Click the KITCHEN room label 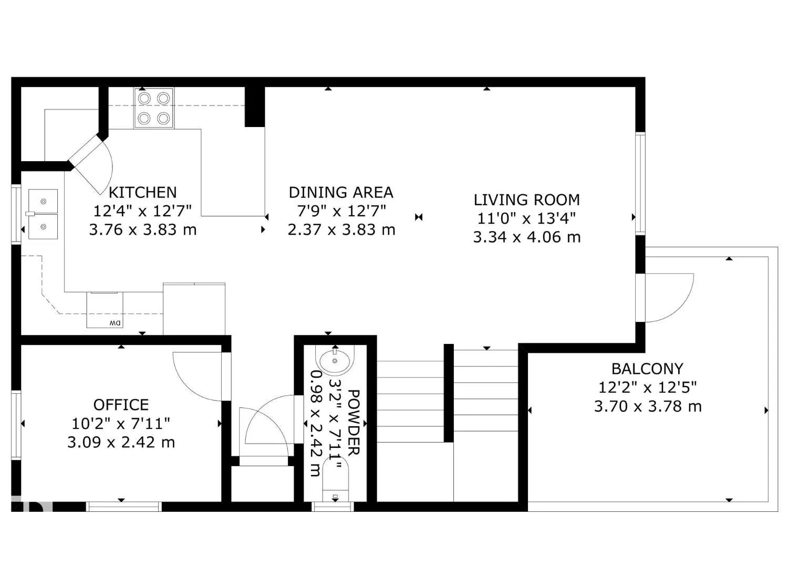(x=142, y=192)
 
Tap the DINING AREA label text (x=341, y=192)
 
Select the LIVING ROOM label (x=526, y=199)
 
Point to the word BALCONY (x=647, y=369)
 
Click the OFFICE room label (x=121, y=405)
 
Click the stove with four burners (x=154, y=109)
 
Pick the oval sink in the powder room (x=335, y=361)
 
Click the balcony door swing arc (x=670, y=297)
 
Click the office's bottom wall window (x=123, y=507)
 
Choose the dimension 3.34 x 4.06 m (x=526, y=237)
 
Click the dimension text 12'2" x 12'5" (x=647, y=387)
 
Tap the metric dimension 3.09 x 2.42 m (x=121, y=443)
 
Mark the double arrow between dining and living (x=419, y=217)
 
